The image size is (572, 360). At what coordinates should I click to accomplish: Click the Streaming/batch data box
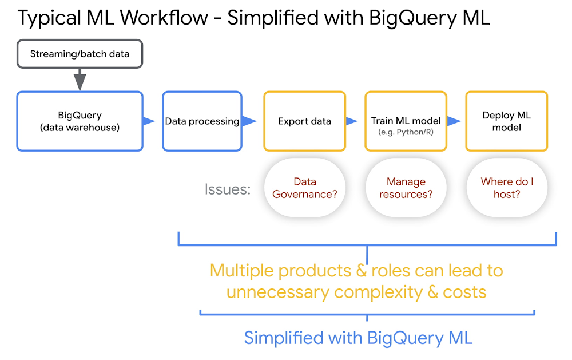point(80,54)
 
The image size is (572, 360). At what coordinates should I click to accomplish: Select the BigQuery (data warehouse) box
point(80,121)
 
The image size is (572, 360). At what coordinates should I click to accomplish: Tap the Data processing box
point(202,121)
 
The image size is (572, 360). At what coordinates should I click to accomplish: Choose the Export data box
point(305,121)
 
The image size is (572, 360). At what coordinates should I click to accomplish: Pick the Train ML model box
point(406,121)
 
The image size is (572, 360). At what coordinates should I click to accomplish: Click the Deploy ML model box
point(507,121)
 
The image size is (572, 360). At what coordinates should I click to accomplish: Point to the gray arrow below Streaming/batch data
point(80,80)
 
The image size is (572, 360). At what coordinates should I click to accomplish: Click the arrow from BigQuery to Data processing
point(149,121)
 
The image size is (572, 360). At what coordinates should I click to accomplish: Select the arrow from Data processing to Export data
point(249,121)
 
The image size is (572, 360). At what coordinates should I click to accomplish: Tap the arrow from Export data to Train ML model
point(352,121)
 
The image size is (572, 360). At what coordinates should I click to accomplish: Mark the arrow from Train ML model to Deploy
point(454,121)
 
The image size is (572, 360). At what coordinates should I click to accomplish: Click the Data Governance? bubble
point(305,188)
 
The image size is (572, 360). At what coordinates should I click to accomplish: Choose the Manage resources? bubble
point(406,188)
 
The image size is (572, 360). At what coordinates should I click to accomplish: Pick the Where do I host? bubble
point(507,188)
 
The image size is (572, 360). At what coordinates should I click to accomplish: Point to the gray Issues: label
point(228,189)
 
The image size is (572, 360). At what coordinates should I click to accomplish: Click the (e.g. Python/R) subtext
point(406,132)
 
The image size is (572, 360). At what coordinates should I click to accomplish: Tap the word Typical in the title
point(49,18)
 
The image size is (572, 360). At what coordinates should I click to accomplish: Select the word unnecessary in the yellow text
point(277,292)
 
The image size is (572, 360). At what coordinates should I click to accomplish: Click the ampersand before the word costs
point(432,292)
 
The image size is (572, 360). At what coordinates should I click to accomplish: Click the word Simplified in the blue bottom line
point(284,338)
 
